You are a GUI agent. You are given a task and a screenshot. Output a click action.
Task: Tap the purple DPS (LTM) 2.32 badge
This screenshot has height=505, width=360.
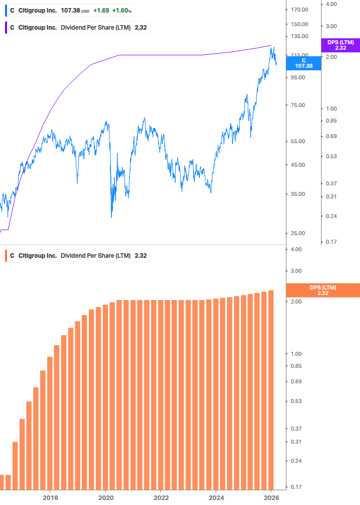pos(340,45)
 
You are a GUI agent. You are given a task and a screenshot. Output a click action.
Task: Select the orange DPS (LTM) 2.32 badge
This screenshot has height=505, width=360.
pos(322,290)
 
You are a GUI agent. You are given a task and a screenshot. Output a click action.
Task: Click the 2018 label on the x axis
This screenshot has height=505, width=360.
pos(50,497)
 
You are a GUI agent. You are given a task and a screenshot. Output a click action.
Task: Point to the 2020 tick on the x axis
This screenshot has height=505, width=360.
pos(105,497)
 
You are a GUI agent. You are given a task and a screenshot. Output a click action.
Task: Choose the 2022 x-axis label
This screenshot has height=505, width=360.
pos(161,497)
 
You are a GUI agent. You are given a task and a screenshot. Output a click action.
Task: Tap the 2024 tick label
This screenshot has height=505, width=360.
pos(216,497)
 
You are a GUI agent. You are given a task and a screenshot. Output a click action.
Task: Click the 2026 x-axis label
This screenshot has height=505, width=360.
pos(271,497)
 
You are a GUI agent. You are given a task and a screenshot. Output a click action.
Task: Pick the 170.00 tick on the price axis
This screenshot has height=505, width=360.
pos(299,10)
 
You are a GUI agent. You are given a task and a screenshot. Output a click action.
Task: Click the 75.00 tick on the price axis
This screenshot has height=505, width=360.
pos(299,106)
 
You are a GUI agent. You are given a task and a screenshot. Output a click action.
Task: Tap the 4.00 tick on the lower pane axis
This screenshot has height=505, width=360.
pos(295,249)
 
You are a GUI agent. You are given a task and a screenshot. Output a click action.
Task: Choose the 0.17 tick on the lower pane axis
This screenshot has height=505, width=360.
pos(295,487)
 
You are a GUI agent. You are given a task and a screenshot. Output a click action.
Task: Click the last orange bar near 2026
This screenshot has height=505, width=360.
pos(271,390)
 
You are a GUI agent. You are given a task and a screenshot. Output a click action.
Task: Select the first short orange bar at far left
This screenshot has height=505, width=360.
pos(2,482)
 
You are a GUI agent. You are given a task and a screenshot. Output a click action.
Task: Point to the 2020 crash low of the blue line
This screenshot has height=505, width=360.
pos(111,217)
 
